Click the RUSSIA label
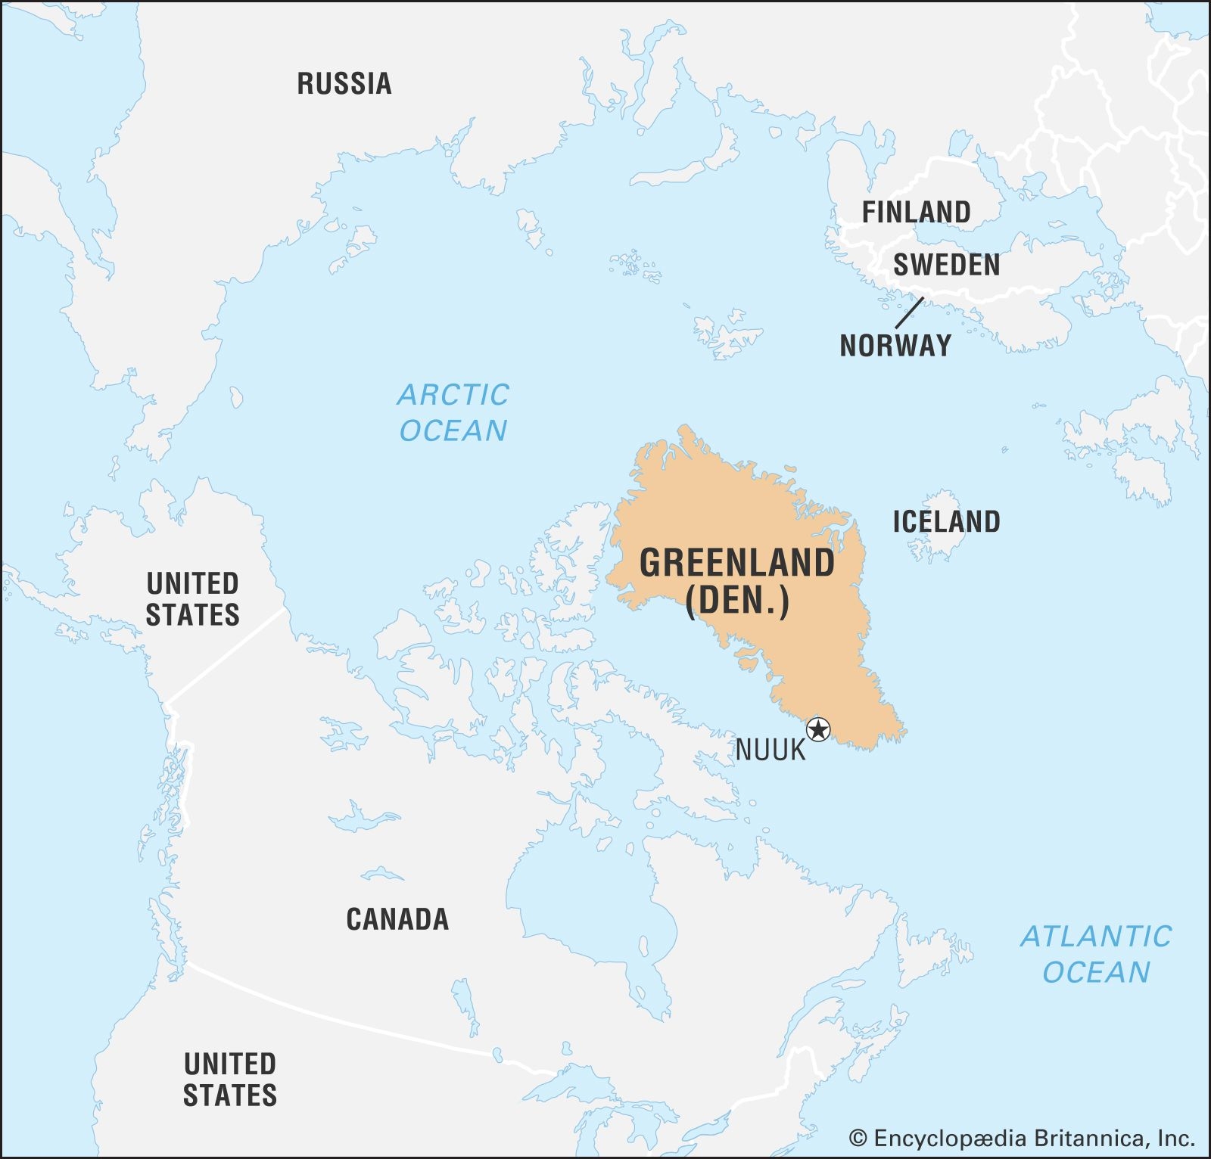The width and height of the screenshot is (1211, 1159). [344, 83]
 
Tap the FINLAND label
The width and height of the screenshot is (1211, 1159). [916, 212]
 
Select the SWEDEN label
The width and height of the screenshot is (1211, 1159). [946, 265]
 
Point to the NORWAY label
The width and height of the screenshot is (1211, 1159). [895, 346]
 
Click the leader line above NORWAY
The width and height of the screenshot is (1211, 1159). [909, 312]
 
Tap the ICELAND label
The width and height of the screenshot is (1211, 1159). [946, 522]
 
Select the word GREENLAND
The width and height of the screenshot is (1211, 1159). [736, 564]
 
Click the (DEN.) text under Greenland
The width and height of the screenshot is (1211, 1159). [736, 601]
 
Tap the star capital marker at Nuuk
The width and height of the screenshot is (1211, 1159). [818, 730]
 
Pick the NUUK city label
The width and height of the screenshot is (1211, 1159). [770, 750]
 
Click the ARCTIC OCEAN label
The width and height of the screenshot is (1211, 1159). [453, 412]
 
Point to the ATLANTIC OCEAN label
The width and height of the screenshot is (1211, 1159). [1096, 954]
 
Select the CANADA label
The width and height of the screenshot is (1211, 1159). [397, 920]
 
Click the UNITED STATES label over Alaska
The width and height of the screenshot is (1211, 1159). [192, 599]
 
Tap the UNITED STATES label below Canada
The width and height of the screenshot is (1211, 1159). [230, 1080]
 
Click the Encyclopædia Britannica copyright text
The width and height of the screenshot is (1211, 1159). [1022, 1138]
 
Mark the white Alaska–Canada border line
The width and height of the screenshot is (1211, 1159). [227, 655]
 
